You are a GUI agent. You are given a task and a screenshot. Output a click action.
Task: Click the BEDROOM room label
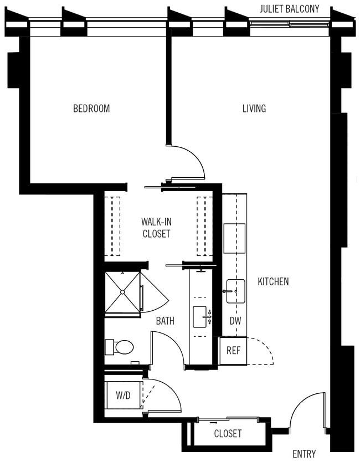pyautogui.click(x=91, y=109)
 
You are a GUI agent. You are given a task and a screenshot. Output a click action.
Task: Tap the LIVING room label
pyautogui.click(x=254, y=109)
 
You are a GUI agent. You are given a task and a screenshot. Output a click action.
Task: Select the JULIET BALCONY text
pyautogui.click(x=289, y=9)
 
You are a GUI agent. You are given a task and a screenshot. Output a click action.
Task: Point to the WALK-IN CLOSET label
pyautogui.click(x=156, y=228)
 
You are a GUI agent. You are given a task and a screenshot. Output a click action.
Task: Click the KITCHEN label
pyautogui.click(x=273, y=281)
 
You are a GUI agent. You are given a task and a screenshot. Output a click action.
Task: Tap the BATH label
pyautogui.click(x=165, y=320)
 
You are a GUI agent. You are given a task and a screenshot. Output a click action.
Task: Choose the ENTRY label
pyautogui.click(x=304, y=454)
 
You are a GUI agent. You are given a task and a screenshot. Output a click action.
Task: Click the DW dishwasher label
pyautogui.click(x=235, y=321)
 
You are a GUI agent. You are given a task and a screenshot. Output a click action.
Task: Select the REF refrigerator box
pyautogui.click(x=233, y=351)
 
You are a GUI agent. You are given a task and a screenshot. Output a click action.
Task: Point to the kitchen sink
pyautogui.click(x=235, y=291)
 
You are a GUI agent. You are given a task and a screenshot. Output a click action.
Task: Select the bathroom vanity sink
pyautogui.click(x=199, y=317)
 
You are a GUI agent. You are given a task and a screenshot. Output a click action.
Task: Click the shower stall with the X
pyautogui.click(x=122, y=292)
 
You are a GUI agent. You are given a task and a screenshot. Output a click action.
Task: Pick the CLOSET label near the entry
pyautogui.click(x=228, y=434)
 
